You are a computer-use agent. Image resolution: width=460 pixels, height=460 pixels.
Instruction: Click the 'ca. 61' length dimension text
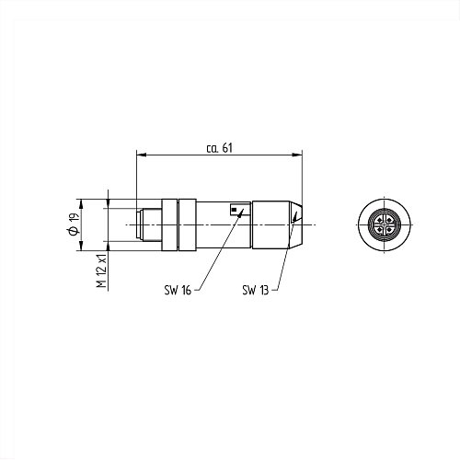coord(220,148)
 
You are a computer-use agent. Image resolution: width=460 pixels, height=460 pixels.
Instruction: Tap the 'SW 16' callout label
coord(178,290)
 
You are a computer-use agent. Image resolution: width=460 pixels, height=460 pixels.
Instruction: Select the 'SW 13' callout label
coord(256,290)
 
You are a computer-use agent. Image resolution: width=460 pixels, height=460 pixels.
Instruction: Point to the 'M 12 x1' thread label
coord(102,270)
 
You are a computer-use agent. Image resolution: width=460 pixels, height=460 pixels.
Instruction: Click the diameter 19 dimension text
coord(74,224)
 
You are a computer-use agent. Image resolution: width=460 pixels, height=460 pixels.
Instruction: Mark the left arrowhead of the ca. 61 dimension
coord(141,155)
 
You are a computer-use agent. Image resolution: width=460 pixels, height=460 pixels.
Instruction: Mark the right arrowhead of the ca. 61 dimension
coord(297,155)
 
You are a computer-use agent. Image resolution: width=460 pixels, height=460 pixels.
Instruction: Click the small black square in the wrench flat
coord(235,210)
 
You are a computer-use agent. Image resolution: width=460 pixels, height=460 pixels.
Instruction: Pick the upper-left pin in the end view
coord(380,220)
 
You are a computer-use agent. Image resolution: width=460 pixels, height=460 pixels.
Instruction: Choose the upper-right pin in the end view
coord(389,220)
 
